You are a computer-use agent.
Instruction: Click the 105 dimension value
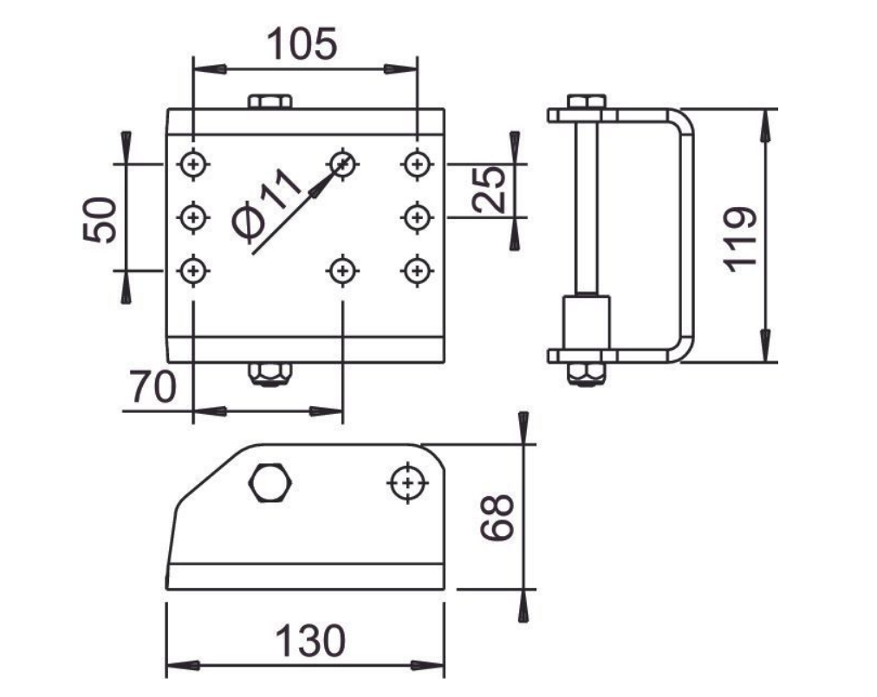click(302, 44)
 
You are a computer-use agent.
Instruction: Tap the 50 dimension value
click(101, 219)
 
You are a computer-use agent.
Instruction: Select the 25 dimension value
click(489, 190)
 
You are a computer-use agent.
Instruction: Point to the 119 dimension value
click(740, 239)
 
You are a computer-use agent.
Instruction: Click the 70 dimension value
click(153, 386)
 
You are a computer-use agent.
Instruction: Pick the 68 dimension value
click(497, 517)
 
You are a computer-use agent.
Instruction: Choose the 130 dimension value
click(310, 641)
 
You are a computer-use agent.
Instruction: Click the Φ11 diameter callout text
click(266, 206)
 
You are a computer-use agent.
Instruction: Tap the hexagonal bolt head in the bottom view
click(270, 482)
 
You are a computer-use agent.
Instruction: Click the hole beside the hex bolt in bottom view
click(408, 482)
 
